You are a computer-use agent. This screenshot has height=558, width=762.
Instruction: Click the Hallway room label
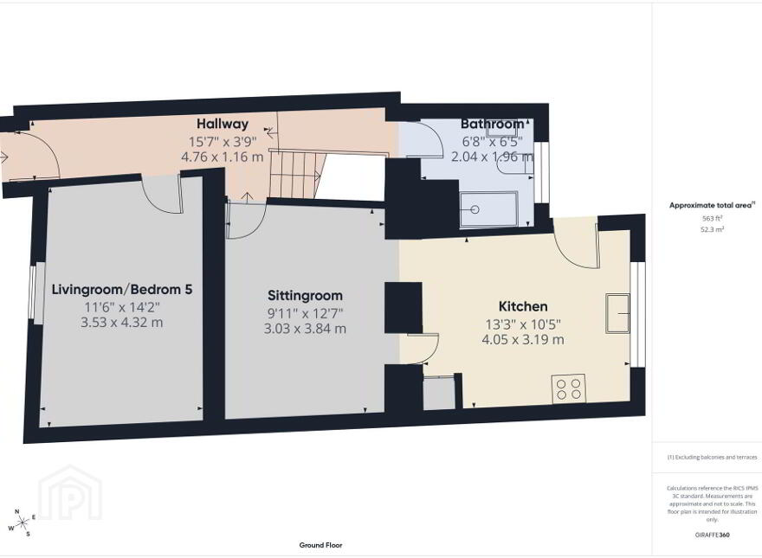tap(222, 124)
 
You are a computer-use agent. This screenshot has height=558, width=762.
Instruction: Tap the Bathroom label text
tap(493, 124)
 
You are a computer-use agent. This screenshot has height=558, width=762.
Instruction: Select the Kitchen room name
tap(523, 306)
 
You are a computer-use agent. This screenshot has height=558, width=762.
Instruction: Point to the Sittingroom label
tap(305, 296)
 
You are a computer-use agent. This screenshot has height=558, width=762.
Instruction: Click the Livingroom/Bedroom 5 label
tap(122, 290)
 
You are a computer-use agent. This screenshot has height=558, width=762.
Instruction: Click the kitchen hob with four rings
tap(569, 388)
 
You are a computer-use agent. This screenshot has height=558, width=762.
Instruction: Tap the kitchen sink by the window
tap(617, 313)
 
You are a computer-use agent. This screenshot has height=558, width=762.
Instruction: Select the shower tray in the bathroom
tap(489, 209)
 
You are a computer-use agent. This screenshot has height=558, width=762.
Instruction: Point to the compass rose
tap(22, 523)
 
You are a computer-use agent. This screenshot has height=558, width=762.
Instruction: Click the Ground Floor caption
tap(320, 545)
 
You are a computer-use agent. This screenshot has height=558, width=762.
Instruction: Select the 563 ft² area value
tap(712, 219)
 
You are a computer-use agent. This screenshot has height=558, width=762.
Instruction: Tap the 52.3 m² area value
tap(712, 229)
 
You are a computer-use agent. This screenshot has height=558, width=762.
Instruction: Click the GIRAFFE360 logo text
tap(712, 536)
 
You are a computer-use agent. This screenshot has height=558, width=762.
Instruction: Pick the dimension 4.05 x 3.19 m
tap(523, 339)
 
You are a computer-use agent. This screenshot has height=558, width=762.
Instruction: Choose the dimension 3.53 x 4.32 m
tap(122, 323)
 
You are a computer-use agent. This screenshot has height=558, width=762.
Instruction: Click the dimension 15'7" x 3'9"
tap(222, 141)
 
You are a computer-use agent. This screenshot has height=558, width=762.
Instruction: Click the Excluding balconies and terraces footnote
tap(712, 457)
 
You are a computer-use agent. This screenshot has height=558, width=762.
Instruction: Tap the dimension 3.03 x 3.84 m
tap(305, 329)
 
